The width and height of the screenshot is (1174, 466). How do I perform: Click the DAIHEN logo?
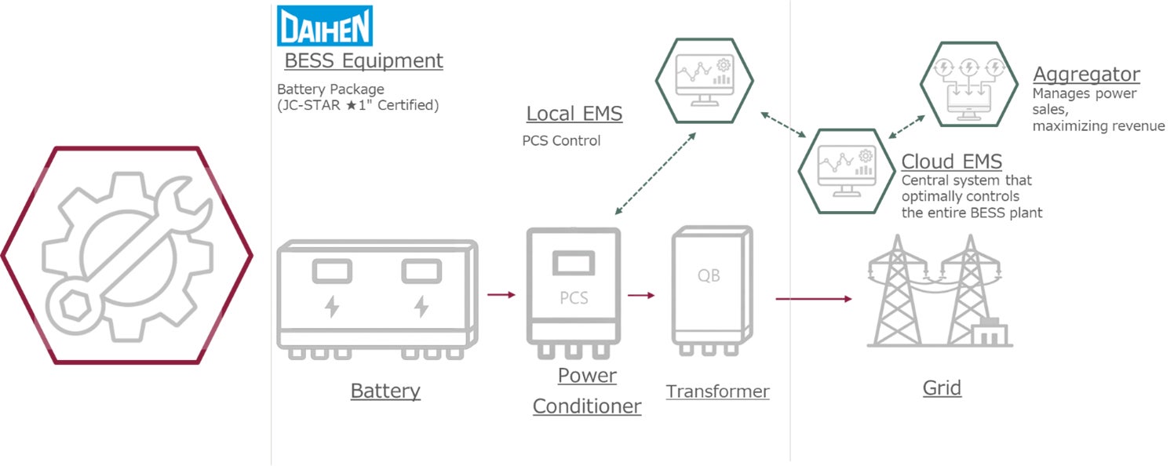pyautogui.click(x=325, y=26)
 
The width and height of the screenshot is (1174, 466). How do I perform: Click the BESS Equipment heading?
pyautogui.click(x=363, y=60)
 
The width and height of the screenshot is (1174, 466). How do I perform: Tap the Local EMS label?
pyautogui.click(x=574, y=114)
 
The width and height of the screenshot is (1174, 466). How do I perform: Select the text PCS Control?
pyautogui.click(x=561, y=141)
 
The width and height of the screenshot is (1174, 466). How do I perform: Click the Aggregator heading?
pyautogui.click(x=1086, y=75)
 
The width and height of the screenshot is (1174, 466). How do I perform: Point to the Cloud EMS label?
pyautogui.click(x=951, y=162)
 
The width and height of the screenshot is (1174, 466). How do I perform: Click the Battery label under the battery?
pyautogui.click(x=385, y=391)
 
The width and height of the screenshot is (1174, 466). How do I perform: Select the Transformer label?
pyautogui.click(x=717, y=391)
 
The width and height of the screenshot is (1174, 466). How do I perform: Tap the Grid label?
pyautogui.click(x=942, y=388)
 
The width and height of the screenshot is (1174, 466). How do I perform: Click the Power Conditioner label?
pyautogui.click(x=587, y=391)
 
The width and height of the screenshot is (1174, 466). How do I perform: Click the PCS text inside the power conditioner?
pyautogui.click(x=574, y=298)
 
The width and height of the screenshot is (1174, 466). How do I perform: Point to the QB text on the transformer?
pyautogui.click(x=709, y=276)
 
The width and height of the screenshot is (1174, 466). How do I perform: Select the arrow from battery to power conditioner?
pyautogui.click(x=501, y=295)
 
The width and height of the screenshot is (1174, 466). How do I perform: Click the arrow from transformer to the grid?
pyautogui.click(x=813, y=299)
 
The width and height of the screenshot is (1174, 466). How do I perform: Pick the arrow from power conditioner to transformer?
pyautogui.click(x=640, y=296)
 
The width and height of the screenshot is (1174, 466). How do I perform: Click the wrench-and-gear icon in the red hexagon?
pyautogui.click(x=127, y=256)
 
